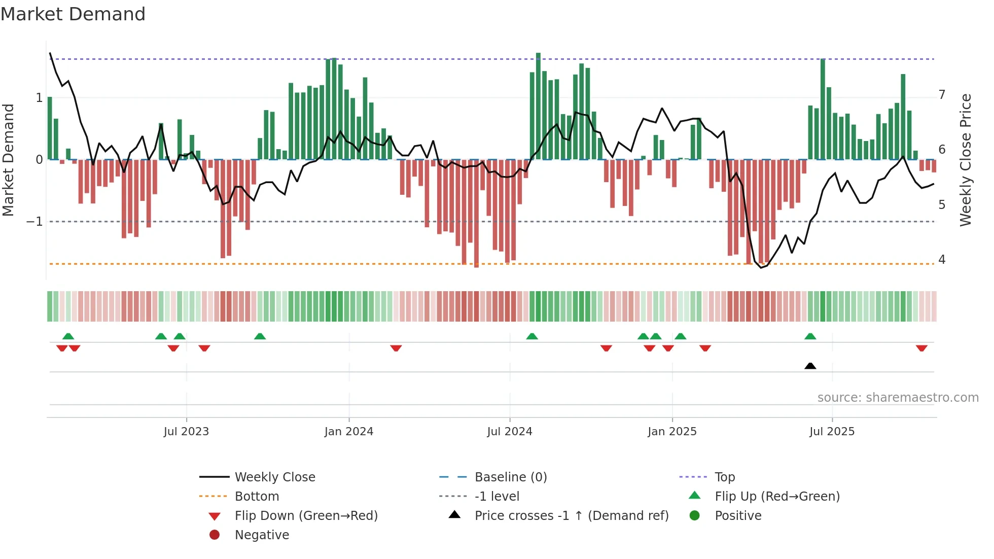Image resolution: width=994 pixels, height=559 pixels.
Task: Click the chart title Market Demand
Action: pos(73,14)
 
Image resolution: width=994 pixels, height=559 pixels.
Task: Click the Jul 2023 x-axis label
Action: pos(186,432)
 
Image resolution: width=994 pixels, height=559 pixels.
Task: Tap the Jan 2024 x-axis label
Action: pos(349,432)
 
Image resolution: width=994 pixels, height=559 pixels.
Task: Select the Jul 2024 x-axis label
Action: pos(510,432)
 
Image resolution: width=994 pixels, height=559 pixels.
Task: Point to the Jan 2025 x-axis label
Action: pos(672,432)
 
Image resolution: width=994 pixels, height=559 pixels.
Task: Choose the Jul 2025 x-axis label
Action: pos(832,432)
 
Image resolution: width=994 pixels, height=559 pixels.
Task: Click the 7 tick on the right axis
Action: pos(942,95)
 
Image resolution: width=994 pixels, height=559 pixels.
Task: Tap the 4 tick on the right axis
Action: pos(942,260)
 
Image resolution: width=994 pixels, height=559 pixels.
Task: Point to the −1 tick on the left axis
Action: pos(34,222)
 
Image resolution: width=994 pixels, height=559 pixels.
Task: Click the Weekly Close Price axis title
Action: pos(966,160)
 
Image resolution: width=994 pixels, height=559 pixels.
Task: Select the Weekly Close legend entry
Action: pos(274,477)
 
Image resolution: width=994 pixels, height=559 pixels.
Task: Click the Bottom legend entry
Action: pos(257,497)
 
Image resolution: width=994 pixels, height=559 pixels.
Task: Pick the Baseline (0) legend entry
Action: pos(511,477)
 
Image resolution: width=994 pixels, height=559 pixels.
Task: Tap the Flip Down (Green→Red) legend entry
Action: pos(306,516)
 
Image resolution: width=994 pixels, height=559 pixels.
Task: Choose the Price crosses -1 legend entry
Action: pos(572,516)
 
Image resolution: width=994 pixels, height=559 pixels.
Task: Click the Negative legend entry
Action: pos(262,535)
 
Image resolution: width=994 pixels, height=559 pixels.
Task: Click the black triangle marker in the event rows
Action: pos(810,366)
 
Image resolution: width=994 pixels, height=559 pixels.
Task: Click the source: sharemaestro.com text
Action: pos(898,398)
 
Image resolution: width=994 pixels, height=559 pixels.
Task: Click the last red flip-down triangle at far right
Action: pos(921,348)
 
